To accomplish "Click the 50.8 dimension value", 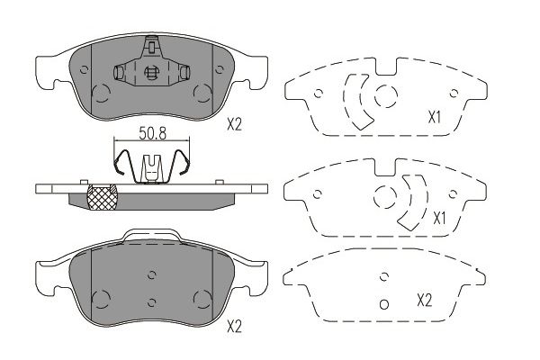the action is point(152,133).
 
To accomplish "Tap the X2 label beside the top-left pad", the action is point(234,124).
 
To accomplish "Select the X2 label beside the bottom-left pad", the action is point(234,326).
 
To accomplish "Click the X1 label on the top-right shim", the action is point(435,118).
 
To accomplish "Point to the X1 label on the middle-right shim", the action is point(439,219).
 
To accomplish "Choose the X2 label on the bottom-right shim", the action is point(424,301).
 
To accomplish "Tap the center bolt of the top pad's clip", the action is point(150,73).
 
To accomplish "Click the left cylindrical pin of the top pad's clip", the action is point(119,72).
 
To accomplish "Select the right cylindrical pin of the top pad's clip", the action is point(184,72).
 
